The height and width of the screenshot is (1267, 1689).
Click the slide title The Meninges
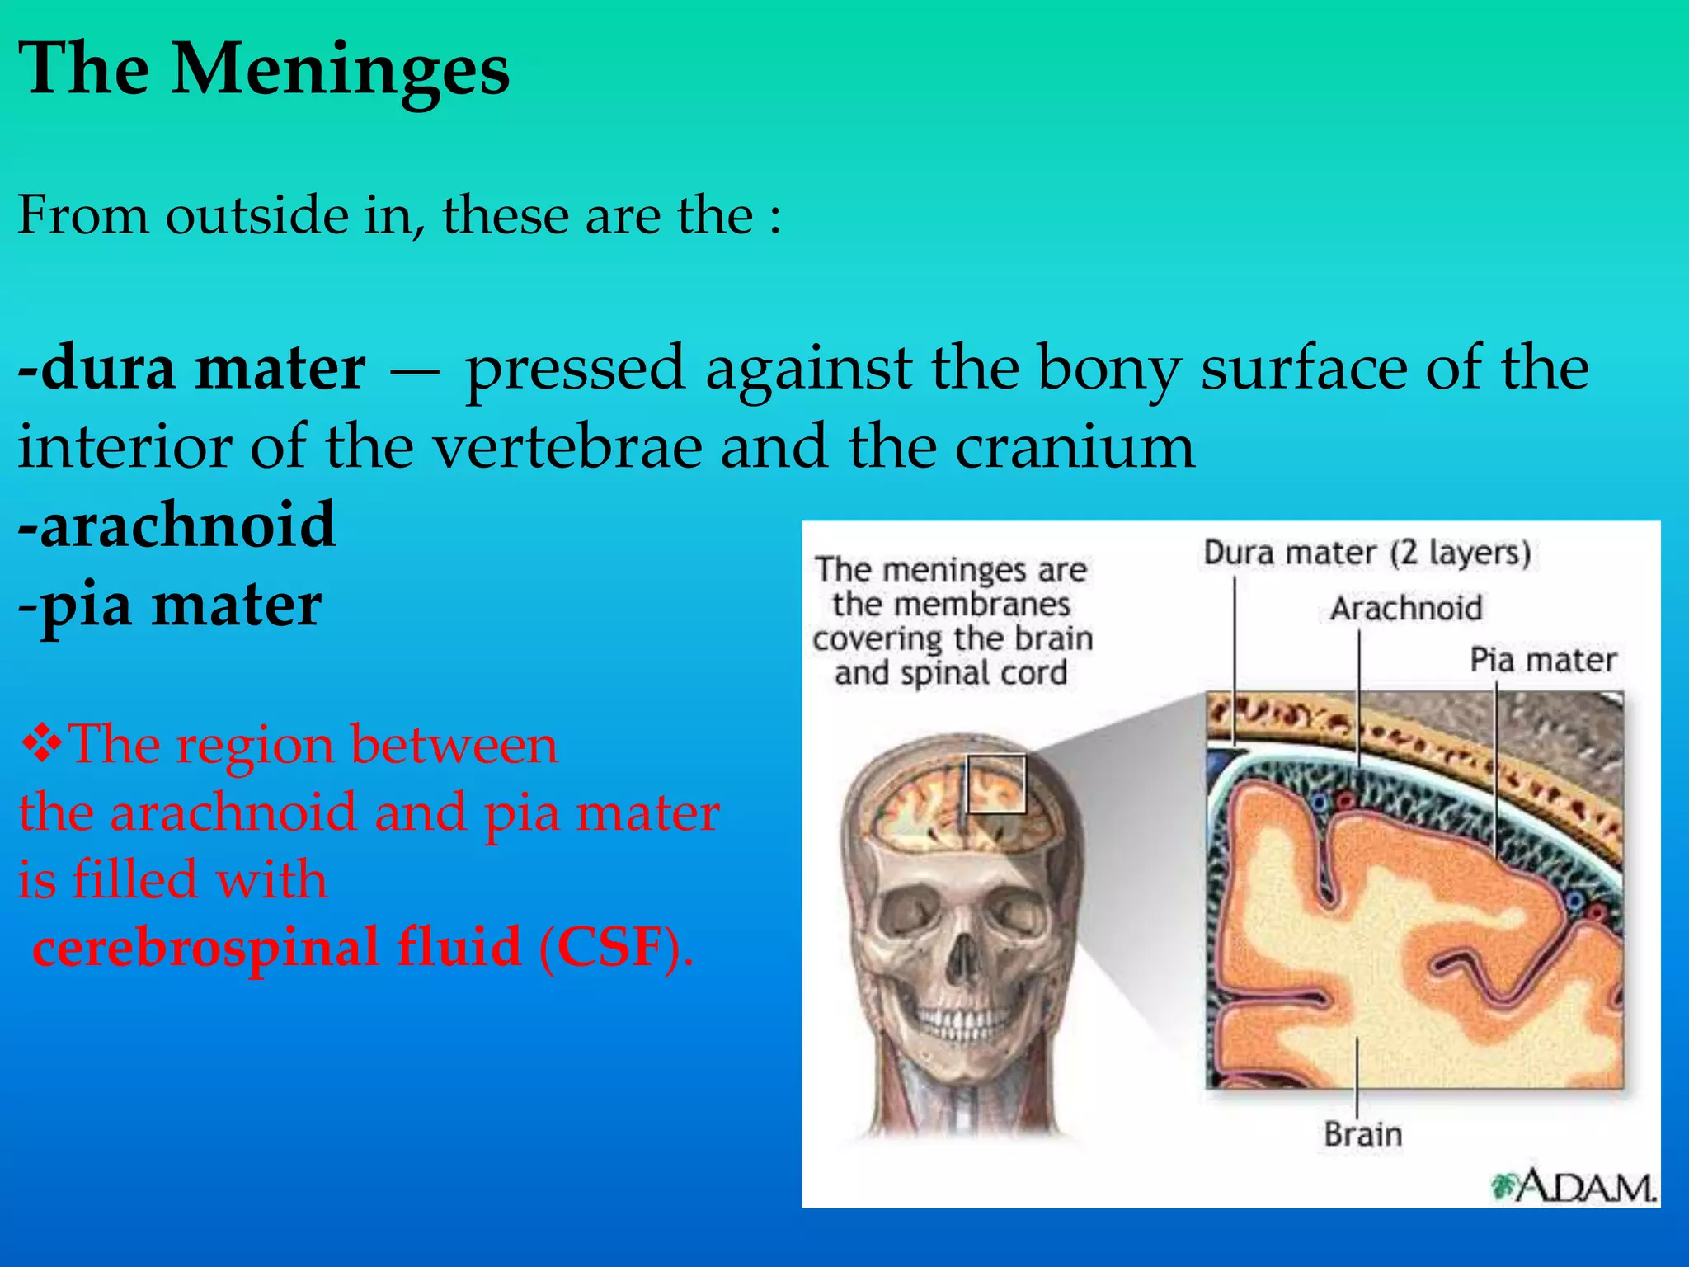(264, 70)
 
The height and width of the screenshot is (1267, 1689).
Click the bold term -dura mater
(191, 369)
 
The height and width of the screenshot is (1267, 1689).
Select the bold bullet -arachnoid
(176, 525)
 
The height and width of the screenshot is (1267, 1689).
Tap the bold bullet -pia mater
(169, 605)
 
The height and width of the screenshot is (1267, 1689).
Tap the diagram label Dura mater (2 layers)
(1367, 553)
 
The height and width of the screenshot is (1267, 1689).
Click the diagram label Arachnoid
(1406, 609)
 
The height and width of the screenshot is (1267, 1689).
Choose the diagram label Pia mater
(1543, 660)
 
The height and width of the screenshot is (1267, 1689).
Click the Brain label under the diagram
(1362, 1134)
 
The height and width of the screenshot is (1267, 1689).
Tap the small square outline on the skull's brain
(996, 784)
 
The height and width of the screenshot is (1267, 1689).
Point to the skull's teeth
(957, 1023)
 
